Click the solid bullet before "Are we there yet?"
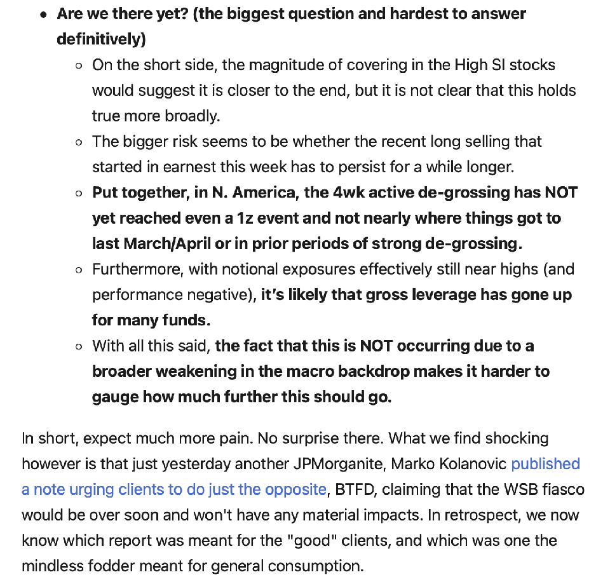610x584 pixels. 43,15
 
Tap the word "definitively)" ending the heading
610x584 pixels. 101,39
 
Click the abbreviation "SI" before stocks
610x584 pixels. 500,65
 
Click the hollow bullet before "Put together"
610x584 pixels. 78,193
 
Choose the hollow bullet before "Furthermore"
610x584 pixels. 78,270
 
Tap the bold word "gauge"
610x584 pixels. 115,397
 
